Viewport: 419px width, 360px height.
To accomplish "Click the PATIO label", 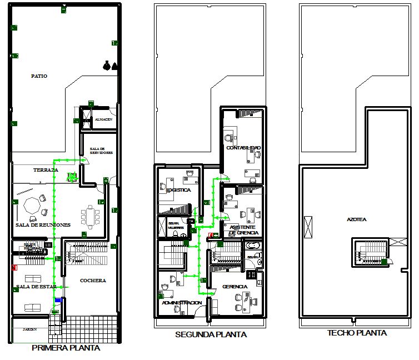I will click(x=39, y=76).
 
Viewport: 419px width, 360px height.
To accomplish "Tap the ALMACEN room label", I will click(x=103, y=119).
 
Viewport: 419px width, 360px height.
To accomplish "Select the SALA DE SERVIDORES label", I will click(x=101, y=151).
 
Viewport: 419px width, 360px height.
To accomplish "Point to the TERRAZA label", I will click(x=46, y=169).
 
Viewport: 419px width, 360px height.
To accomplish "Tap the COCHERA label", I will click(x=93, y=281).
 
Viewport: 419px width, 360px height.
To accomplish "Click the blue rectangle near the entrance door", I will click(x=58, y=300).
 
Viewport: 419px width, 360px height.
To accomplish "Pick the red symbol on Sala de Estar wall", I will click(x=14, y=268).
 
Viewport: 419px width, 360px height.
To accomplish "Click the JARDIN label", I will click(x=29, y=329).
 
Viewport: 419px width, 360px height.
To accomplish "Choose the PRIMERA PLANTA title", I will click(x=66, y=348).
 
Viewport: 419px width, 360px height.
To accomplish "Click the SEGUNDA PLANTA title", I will click(x=211, y=334).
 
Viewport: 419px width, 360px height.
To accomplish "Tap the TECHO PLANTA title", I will click(x=357, y=333).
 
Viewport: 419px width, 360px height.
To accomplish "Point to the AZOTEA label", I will click(x=356, y=219).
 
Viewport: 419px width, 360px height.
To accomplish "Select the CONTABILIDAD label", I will click(x=243, y=147).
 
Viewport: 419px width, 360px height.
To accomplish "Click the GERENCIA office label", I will click(x=235, y=286).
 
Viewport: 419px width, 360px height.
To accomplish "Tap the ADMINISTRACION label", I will click(x=182, y=303).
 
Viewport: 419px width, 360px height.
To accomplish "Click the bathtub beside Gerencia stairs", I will click(x=253, y=246).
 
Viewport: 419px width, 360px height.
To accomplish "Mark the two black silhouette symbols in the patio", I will click(x=110, y=66).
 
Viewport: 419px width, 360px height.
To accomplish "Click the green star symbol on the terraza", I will click(x=71, y=177).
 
